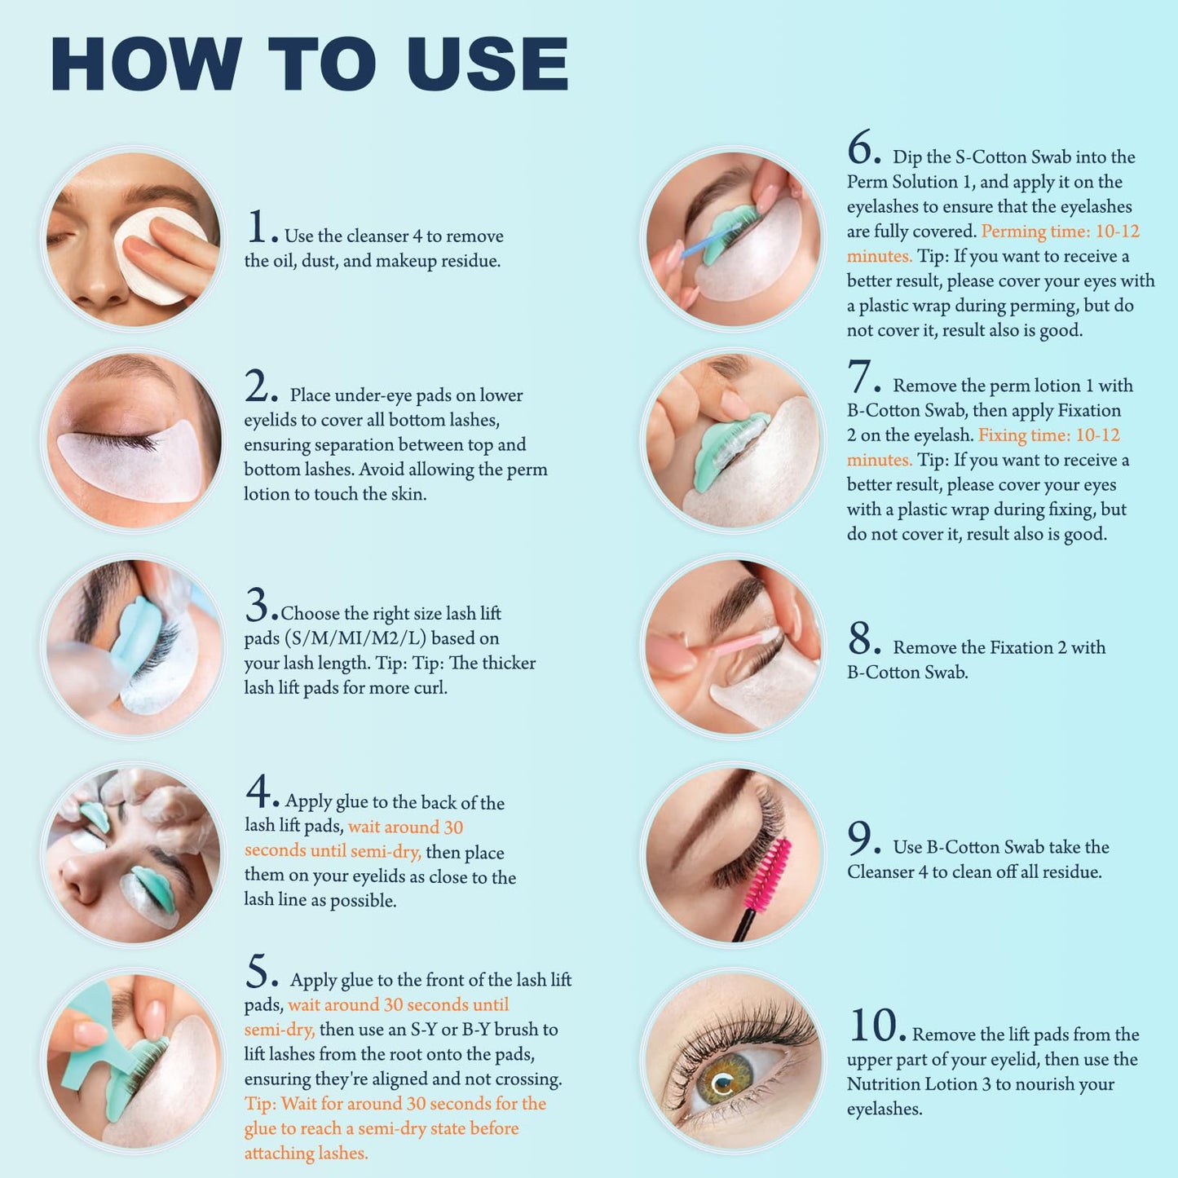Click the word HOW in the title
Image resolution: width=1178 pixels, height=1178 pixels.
click(x=147, y=64)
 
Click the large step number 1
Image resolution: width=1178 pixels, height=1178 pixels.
click(x=258, y=227)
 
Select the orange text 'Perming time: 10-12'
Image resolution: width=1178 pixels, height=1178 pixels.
click(x=1060, y=232)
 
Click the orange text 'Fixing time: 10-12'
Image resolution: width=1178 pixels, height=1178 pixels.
click(x=1049, y=435)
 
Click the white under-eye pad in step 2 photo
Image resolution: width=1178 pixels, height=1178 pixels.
click(x=131, y=468)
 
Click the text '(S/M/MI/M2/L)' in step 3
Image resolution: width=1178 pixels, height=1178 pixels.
click(x=355, y=638)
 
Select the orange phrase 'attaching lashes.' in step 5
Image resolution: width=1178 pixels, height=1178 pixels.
click(x=307, y=1153)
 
